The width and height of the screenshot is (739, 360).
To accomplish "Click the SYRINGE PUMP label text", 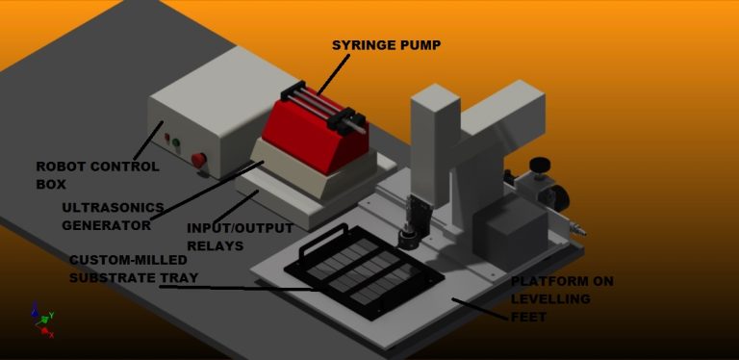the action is (386, 45).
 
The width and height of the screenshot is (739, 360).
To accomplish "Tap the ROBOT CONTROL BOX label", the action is (97, 175).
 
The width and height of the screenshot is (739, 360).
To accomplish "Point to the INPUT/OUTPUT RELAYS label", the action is (240, 237).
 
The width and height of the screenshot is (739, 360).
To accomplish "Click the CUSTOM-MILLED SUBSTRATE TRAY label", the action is (134, 270).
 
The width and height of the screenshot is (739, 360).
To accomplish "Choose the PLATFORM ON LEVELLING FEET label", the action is (562, 299).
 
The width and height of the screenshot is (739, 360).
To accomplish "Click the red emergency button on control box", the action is (199, 160).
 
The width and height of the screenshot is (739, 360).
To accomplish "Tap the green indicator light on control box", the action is (176, 142).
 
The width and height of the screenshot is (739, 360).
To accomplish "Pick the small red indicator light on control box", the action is (166, 138).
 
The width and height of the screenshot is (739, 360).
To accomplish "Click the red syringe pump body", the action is (315, 137).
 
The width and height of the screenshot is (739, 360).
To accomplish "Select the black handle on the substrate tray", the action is (323, 238).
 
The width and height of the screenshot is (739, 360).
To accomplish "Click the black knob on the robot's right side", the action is (540, 165).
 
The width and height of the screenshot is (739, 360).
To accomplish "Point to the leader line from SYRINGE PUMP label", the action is (334, 74).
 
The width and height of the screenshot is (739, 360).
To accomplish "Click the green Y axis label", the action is (51, 315).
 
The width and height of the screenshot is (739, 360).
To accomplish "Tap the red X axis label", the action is (51, 335).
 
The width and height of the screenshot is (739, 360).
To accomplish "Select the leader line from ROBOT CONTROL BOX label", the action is (148, 141).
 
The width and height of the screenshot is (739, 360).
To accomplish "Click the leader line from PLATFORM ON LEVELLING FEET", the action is (481, 310).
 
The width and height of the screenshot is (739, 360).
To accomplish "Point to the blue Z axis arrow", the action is (35, 309).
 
